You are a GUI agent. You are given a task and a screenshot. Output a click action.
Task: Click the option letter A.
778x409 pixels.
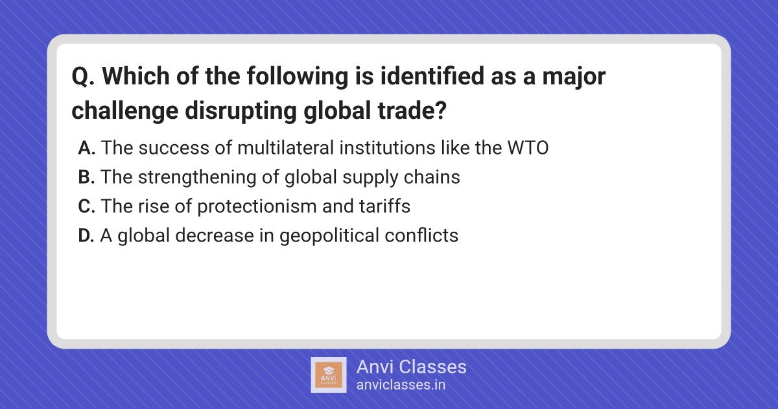click(x=86, y=147)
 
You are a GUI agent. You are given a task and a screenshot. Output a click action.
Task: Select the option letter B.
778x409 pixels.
click(x=86, y=177)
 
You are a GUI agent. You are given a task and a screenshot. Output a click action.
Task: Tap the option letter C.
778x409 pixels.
click(x=86, y=206)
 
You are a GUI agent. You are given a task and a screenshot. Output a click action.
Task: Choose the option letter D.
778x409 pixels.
click(x=86, y=235)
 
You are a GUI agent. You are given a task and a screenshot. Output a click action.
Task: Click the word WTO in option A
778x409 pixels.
click(x=528, y=147)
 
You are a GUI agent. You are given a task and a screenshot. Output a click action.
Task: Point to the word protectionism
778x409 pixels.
click(x=257, y=206)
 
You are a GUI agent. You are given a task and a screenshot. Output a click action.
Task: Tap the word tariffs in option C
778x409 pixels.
click(x=384, y=206)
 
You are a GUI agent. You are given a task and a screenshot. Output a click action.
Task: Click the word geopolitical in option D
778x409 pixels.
click(x=329, y=236)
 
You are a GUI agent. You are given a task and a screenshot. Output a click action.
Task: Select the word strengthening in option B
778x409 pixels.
click(x=197, y=178)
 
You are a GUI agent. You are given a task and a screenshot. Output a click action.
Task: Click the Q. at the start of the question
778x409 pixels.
click(x=83, y=76)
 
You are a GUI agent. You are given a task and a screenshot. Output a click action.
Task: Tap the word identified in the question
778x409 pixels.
click(x=432, y=76)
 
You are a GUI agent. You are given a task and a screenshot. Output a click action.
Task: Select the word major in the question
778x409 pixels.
click(x=574, y=77)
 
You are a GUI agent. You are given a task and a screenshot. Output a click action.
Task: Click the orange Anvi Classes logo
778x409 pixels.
click(x=329, y=375)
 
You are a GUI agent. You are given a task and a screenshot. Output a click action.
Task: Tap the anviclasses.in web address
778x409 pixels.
click(x=401, y=384)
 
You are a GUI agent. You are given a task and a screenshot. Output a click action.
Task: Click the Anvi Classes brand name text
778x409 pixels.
click(x=411, y=367)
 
